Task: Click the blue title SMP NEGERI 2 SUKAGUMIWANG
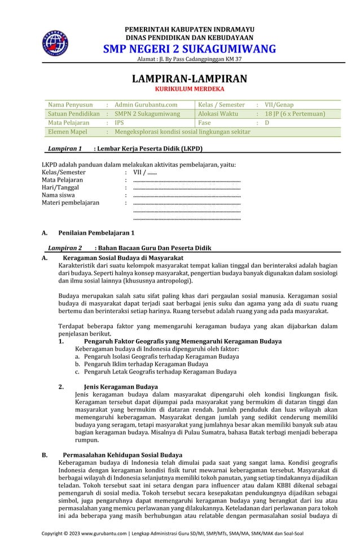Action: [189, 49]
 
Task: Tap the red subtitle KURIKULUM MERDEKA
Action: [189, 89]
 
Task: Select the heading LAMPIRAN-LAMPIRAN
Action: [189, 79]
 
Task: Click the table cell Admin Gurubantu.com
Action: [146, 104]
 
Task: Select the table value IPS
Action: [120, 122]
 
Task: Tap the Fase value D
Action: [267, 122]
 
